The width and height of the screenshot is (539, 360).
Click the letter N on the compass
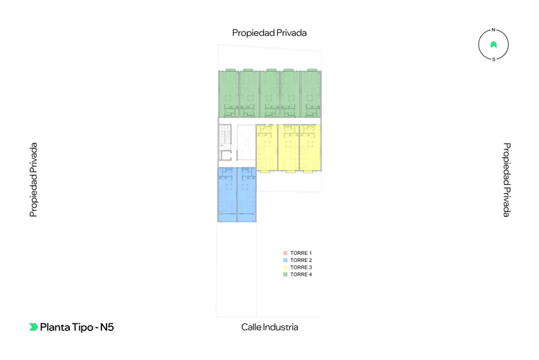(x=494, y=30)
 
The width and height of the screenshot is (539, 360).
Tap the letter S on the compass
(x=494, y=60)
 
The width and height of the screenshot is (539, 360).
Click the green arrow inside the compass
(x=494, y=45)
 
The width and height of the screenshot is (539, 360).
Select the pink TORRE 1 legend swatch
(x=286, y=253)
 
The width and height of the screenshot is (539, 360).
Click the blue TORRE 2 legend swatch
(x=286, y=260)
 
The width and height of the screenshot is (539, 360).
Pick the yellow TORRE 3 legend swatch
(x=286, y=267)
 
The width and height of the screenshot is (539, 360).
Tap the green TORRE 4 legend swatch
(x=286, y=274)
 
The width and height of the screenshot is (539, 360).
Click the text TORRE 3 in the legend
(x=301, y=267)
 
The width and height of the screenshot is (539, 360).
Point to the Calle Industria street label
(x=269, y=327)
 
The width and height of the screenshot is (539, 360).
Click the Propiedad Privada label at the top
(x=269, y=32)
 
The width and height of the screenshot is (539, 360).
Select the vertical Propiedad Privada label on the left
(x=33, y=180)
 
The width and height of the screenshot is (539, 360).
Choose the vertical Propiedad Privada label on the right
(x=507, y=180)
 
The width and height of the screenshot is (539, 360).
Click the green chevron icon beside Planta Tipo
(x=33, y=327)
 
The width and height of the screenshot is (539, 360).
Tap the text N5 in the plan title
(x=107, y=327)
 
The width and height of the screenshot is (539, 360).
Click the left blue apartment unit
(x=227, y=194)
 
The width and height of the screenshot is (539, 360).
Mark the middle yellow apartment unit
(x=288, y=148)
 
